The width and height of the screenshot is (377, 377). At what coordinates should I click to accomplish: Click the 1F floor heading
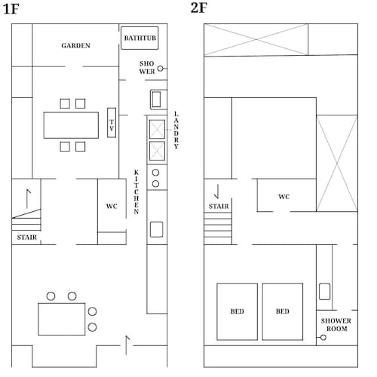click(11, 9)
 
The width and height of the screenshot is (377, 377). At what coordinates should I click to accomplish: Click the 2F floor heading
click(199, 8)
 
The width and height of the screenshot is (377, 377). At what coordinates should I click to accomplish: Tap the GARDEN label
click(75, 45)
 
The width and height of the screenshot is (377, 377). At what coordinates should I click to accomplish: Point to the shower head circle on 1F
click(160, 69)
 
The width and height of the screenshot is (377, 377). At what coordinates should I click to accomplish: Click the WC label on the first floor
click(112, 207)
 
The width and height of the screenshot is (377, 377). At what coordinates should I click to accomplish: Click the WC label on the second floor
click(284, 197)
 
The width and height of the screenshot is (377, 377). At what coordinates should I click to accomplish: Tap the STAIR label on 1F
click(27, 238)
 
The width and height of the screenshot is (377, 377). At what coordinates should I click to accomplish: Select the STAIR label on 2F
click(219, 207)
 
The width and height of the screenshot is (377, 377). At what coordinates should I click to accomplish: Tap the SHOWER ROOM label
click(336, 325)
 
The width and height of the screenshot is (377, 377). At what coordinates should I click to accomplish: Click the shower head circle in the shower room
click(323, 338)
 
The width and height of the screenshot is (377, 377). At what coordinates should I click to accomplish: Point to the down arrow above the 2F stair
click(217, 192)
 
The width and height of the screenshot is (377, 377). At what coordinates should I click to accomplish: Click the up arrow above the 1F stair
click(27, 198)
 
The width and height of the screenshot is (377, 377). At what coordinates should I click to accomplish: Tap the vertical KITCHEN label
click(136, 192)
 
